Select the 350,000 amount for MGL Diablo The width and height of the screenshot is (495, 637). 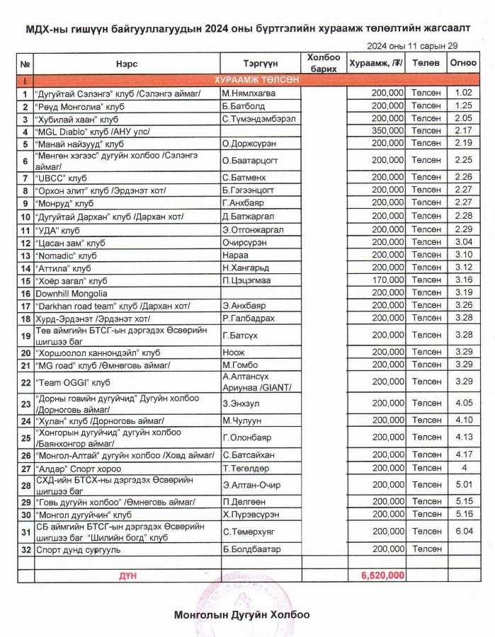pyautogui.click(x=387, y=131)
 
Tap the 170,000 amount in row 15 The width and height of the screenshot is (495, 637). pyautogui.click(x=387, y=280)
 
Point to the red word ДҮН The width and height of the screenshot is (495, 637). pyautogui.click(x=127, y=576)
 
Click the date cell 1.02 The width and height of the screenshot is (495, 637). pyautogui.click(x=464, y=93)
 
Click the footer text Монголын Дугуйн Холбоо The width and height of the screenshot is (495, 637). pyautogui.click(x=241, y=615)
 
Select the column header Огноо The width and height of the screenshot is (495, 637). pyautogui.click(x=463, y=63)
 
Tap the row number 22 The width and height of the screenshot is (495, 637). pyautogui.click(x=25, y=382)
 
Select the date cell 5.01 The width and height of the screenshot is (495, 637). pyautogui.click(x=464, y=485)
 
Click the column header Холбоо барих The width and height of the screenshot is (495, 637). pyautogui.click(x=326, y=63)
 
